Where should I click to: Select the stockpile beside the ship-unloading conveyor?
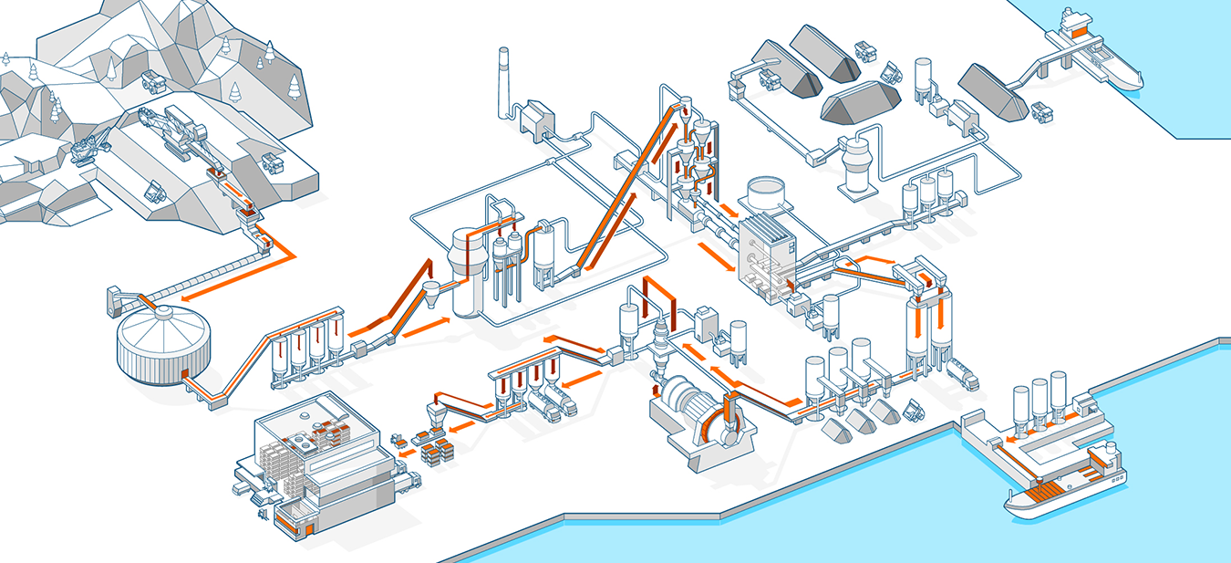coord(994,91)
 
